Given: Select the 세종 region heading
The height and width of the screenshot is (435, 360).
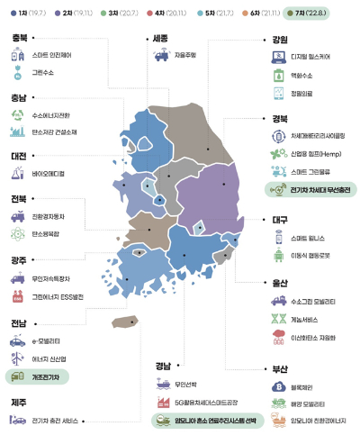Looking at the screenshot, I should pos(158,39).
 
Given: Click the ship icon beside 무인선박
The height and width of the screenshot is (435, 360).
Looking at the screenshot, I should pos(163,384).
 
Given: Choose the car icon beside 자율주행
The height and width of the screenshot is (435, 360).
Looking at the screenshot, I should pos(159,56).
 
